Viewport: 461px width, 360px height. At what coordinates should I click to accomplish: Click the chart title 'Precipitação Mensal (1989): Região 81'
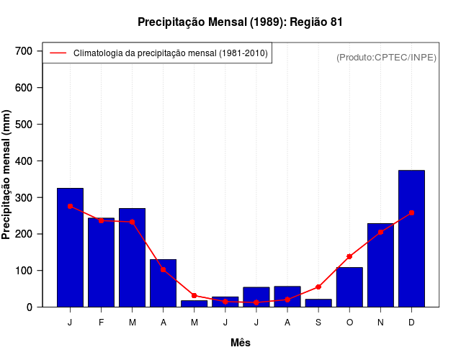[x=240, y=22]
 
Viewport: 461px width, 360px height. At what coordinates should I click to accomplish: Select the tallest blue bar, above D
[x=411, y=238]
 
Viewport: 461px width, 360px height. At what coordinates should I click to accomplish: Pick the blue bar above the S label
[x=318, y=303]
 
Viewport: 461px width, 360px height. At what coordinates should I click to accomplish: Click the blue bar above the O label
[x=349, y=287]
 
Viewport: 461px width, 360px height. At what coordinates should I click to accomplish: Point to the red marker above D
[x=411, y=213]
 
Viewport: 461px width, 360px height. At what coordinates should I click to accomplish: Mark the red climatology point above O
[x=349, y=256]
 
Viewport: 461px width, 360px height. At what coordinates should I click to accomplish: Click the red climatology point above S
[x=318, y=287]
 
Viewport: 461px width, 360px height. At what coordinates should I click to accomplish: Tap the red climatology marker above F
[x=101, y=220]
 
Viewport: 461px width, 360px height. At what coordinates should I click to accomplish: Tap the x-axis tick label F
[x=101, y=323]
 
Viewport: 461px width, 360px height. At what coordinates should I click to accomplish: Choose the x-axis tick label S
[x=318, y=323]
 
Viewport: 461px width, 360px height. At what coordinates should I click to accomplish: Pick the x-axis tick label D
[x=411, y=323]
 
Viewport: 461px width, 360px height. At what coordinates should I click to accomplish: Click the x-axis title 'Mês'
[x=241, y=343]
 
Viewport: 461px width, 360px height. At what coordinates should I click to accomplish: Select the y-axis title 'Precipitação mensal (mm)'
[x=7, y=174]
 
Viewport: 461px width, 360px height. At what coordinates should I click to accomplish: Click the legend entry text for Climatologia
[x=170, y=53]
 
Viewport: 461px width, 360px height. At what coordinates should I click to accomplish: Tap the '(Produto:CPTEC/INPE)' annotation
[x=386, y=57]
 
